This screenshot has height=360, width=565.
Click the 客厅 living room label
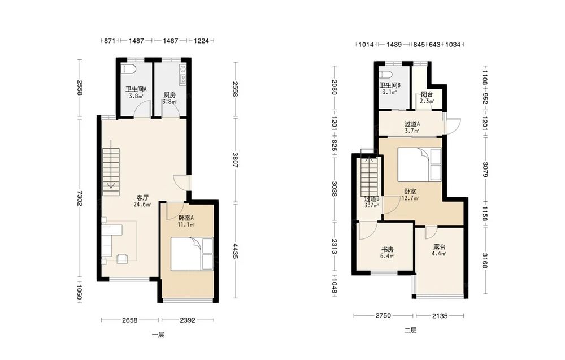[143, 197]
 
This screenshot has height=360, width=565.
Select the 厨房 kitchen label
[169, 95]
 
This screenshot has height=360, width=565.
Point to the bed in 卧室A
[192, 254]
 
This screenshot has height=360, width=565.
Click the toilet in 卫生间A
[128, 69]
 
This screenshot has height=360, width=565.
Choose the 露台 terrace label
[439, 247]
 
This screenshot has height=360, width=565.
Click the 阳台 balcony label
[427, 95]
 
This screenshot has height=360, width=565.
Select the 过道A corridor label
[412, 124]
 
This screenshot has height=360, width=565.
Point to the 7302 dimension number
[79, 198]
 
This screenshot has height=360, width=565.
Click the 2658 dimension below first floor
[129, 320]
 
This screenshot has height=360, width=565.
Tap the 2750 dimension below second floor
[383, 316]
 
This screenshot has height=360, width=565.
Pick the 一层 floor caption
[158, 335]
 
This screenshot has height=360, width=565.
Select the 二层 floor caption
[410, 330]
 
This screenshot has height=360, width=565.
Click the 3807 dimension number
[235, 160]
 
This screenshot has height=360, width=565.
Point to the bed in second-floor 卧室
[419, 164]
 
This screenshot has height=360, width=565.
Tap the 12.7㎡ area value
[410, 198]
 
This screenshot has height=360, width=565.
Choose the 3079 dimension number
[485, 170]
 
